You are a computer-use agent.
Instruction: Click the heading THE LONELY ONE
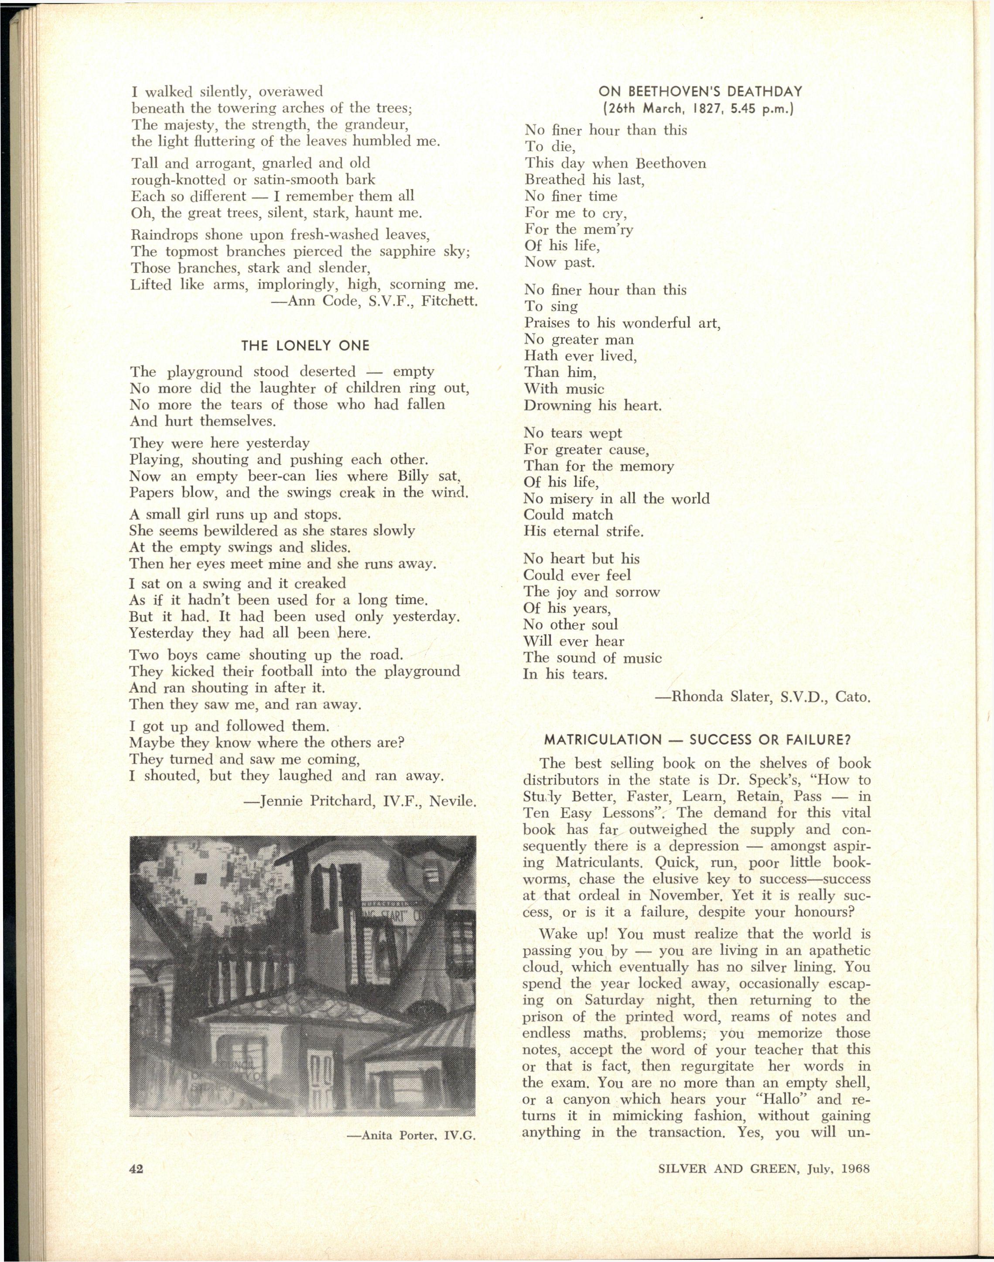tap(305, 346)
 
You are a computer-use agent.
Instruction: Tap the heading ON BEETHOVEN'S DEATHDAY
tap(700, 91)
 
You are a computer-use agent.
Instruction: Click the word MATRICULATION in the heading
tap(603, 740)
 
